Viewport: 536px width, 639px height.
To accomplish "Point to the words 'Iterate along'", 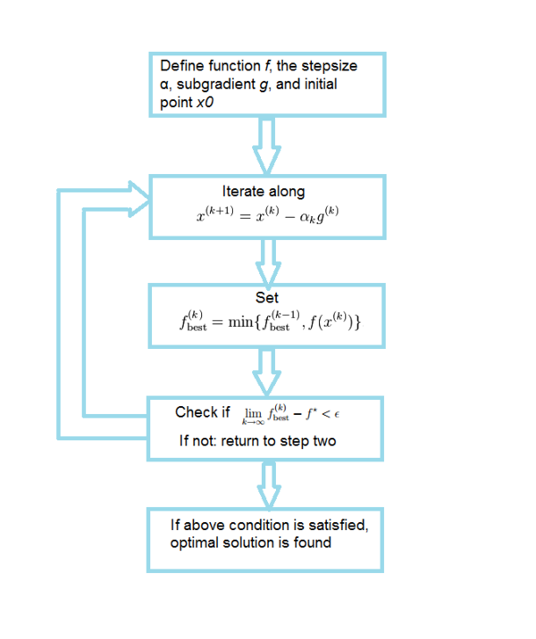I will click(x=264, y=191).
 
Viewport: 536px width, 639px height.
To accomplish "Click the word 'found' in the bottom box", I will click(x=313, y=542).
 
